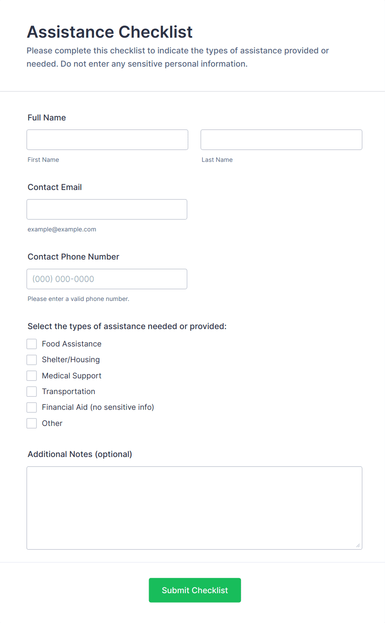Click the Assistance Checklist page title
tap(110, 32)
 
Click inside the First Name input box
tap(107, 140)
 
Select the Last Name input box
tap(281, 140)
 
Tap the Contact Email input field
tap(107, 209)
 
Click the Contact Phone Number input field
tap(107, 279)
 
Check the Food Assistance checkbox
tap(32, 344)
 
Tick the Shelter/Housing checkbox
tap(32, 360)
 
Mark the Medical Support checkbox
tap(32, 375)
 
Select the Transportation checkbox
tap(32, 392)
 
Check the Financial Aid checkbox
tap(32, 407)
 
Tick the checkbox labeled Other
tap(32, 423)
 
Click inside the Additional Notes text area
tap(194, 508)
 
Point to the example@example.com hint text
tap(62, 229)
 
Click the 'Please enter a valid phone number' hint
tap(78, 299)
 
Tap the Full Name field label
tap(47, 118)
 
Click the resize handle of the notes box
tap(358, 546)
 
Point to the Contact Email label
tap(55, 187)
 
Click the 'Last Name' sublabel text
tap(217, 160)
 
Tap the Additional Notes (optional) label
tap(80, 454)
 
